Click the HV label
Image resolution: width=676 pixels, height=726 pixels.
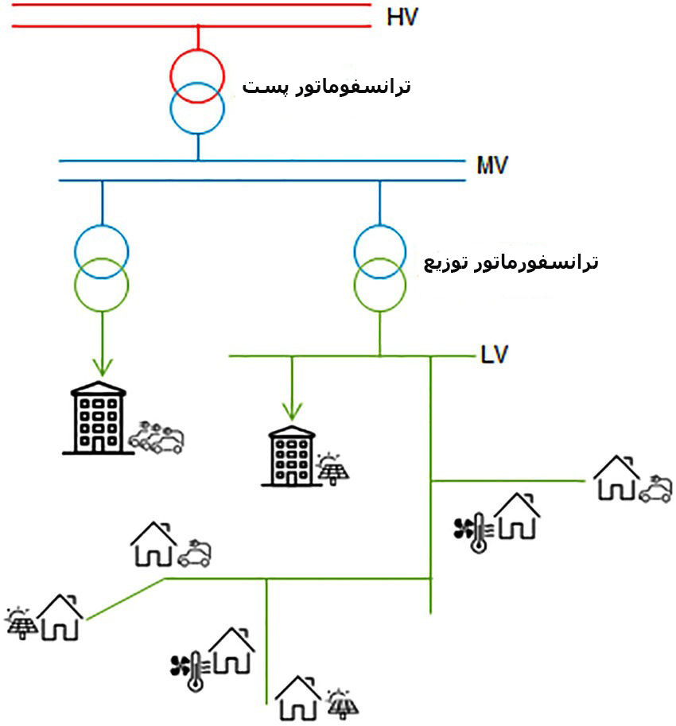point(402,16)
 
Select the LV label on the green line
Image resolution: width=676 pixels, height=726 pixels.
point(494,352)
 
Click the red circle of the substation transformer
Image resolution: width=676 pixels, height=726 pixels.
point(197,75)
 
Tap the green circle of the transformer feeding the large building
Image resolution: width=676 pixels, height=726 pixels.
point(101,284)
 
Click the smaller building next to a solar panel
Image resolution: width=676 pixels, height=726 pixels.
point(290,456)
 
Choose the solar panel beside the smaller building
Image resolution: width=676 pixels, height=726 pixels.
point(332,469)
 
